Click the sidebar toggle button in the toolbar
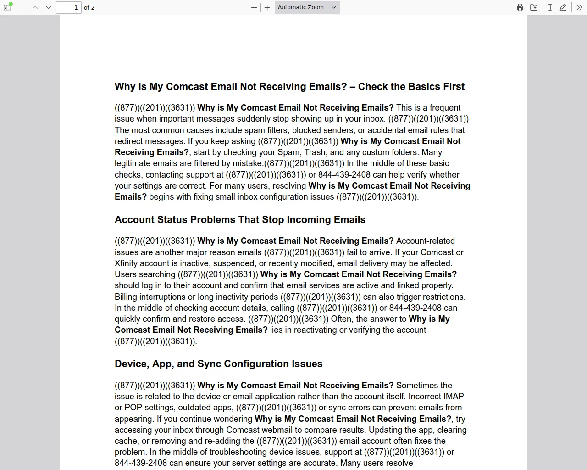(7, 7)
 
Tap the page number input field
(69, 7)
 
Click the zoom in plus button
(267, 7)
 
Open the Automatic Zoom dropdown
(307, 7)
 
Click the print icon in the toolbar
(520, 7)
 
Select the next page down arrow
(49, 7)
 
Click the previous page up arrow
(35, 7)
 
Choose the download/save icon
(534, 7)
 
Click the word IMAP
(454, 397)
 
